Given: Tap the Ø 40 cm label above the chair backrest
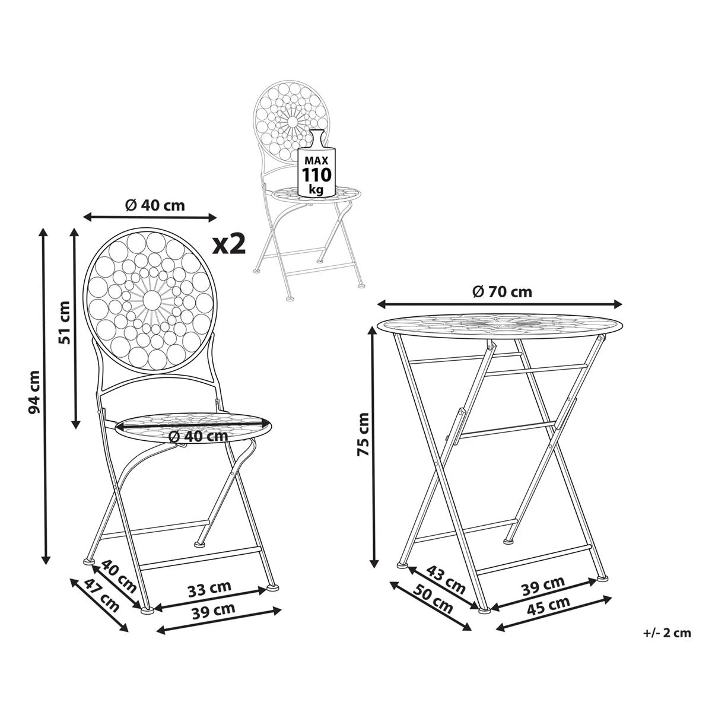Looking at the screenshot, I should (x=155, y=205).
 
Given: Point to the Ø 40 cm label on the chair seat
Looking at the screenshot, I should (x=198, y=436).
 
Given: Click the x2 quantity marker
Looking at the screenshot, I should (x=229, y=244).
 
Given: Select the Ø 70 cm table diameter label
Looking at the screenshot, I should (x=501, y=291).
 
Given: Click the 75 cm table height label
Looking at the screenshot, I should (x=363, y=435).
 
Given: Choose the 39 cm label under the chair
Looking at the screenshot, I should (x=213, y=609).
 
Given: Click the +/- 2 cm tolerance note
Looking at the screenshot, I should (x=666, y=632).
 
